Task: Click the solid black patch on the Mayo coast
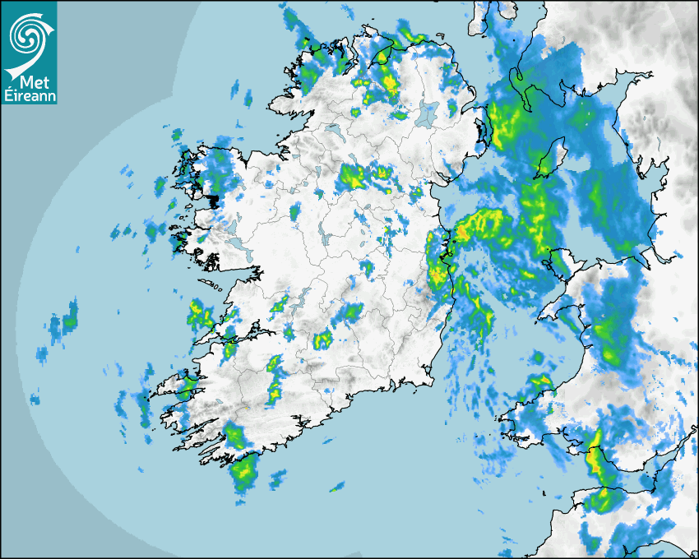click(x=213, y=200)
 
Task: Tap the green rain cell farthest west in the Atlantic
click(x=70, y=316)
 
